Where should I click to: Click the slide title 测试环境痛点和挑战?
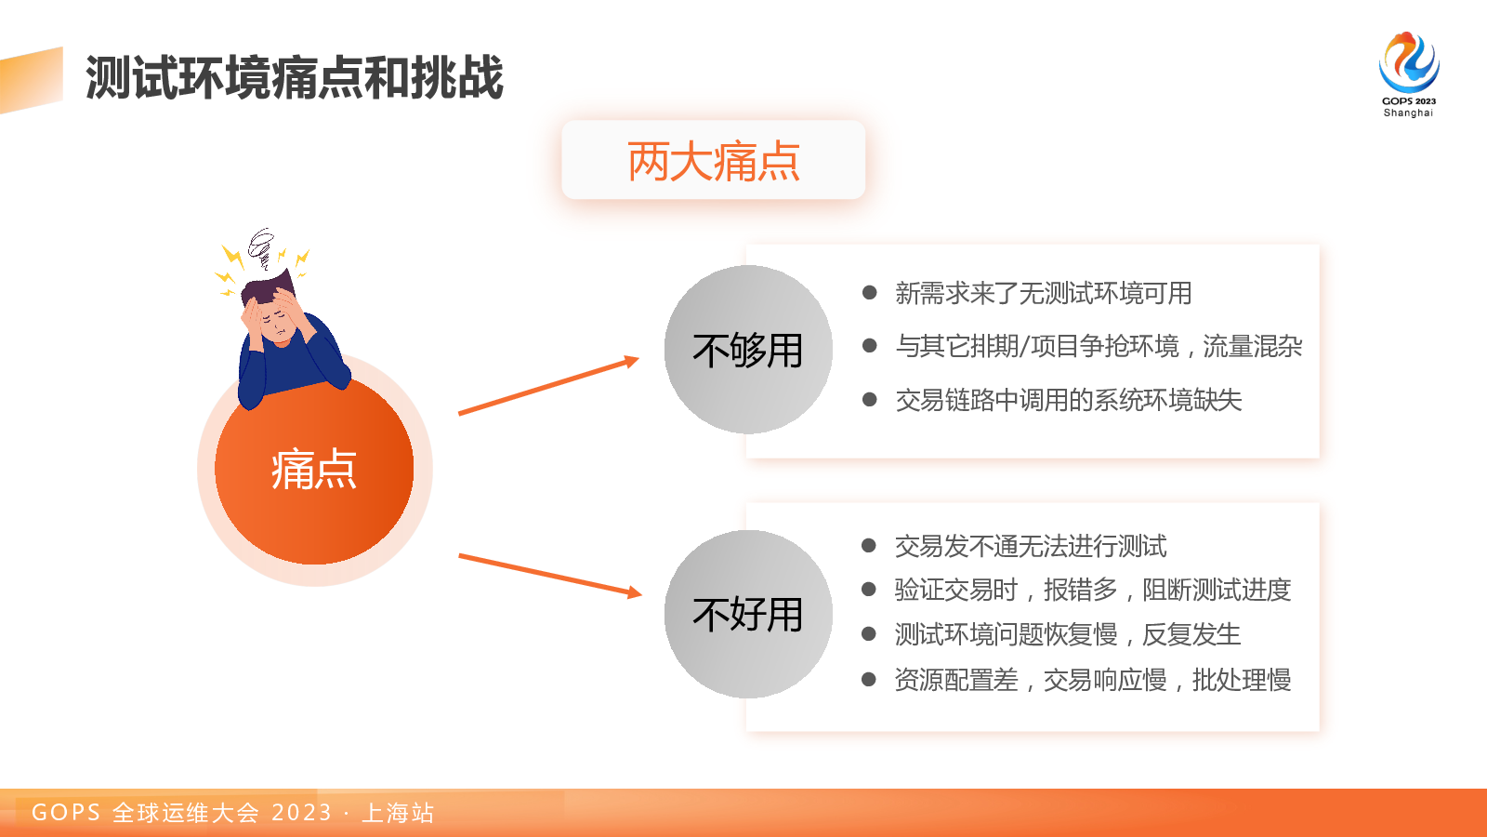pyautogui.click(x=294, y=78)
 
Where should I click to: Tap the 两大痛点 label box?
pyautogui.click(x=713, y=160)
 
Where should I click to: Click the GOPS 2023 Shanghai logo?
pyautogui.click(x=1409, y=74)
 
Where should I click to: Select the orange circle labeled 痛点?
pyautogui.click(x=314, y=469)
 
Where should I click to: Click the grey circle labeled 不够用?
pyautogui.click(x=748, y=350)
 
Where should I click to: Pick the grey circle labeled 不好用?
pyautogui.click(x=748, y=614)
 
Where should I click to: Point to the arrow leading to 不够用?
pyautogui.click(x=548, y=386)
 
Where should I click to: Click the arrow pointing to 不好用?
pyautogui.click(x=550, y=576)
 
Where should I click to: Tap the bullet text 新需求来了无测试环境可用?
pyautogui.click(x=1043, y=293)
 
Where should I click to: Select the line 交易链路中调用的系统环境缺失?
pyautogui.click(x=1068, y=400)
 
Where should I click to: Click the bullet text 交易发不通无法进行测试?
pyautogui.click(x=1031, y=546)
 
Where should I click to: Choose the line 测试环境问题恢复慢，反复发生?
pyautogui.click(x=1068, y=634)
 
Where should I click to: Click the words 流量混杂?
pyautogui.click(x=1253, y=346)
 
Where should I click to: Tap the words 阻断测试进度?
pyautogui.click(x=1217, y=590)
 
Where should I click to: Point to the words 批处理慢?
pyautogui.click(x=1242, y=680)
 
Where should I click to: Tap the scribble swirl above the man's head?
pyautogui.click(x=261, y=247)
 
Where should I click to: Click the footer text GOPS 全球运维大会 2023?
pyautogui.click(x=182, y=813)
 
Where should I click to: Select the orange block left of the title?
pyautogui.click(x=32, y=80)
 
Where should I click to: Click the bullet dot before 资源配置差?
pyautogui.click(x=868, y=679)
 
